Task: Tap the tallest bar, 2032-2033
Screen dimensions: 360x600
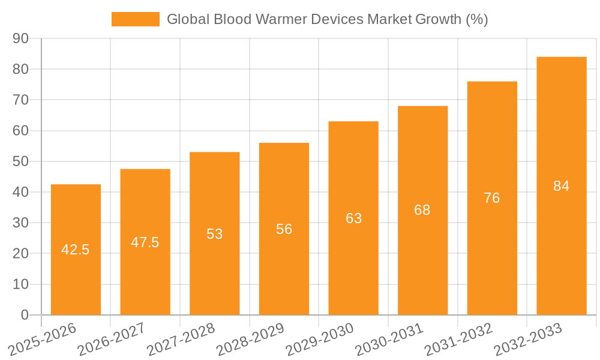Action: coord(561,240)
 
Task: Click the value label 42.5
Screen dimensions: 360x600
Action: coord(76,250)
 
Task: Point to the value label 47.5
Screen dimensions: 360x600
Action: coord(145,242)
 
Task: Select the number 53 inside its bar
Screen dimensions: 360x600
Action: coord(215,234)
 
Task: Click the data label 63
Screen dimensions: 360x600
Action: coord(353,218)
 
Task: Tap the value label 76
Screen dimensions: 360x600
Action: coord(491,198)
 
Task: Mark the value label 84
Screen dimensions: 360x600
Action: coord(561,186)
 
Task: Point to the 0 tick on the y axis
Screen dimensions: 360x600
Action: coord(25,315)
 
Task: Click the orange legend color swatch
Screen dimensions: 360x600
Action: coord(136,19)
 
